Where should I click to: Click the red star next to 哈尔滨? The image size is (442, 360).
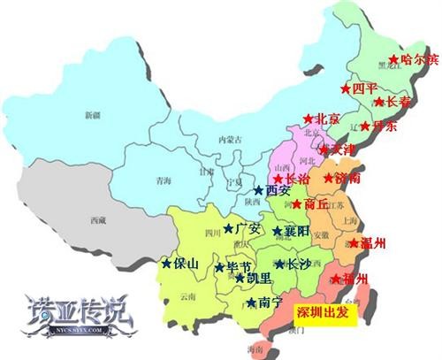[x=393, y=60]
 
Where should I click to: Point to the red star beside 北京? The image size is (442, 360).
[x=309, y=119]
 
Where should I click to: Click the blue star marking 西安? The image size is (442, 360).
[x=258, y=190]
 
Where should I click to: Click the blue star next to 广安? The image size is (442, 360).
[x=228, y=229]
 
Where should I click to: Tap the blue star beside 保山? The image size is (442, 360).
[x=165, y=263]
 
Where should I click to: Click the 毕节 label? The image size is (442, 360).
[x=239, y=266]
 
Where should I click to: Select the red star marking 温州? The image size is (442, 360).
[x=354, y=243]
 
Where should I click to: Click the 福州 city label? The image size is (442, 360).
[x=354, y=280]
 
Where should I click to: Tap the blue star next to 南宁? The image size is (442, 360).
[x=252, y=303]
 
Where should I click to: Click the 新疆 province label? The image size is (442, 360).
[x=93, y=115]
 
